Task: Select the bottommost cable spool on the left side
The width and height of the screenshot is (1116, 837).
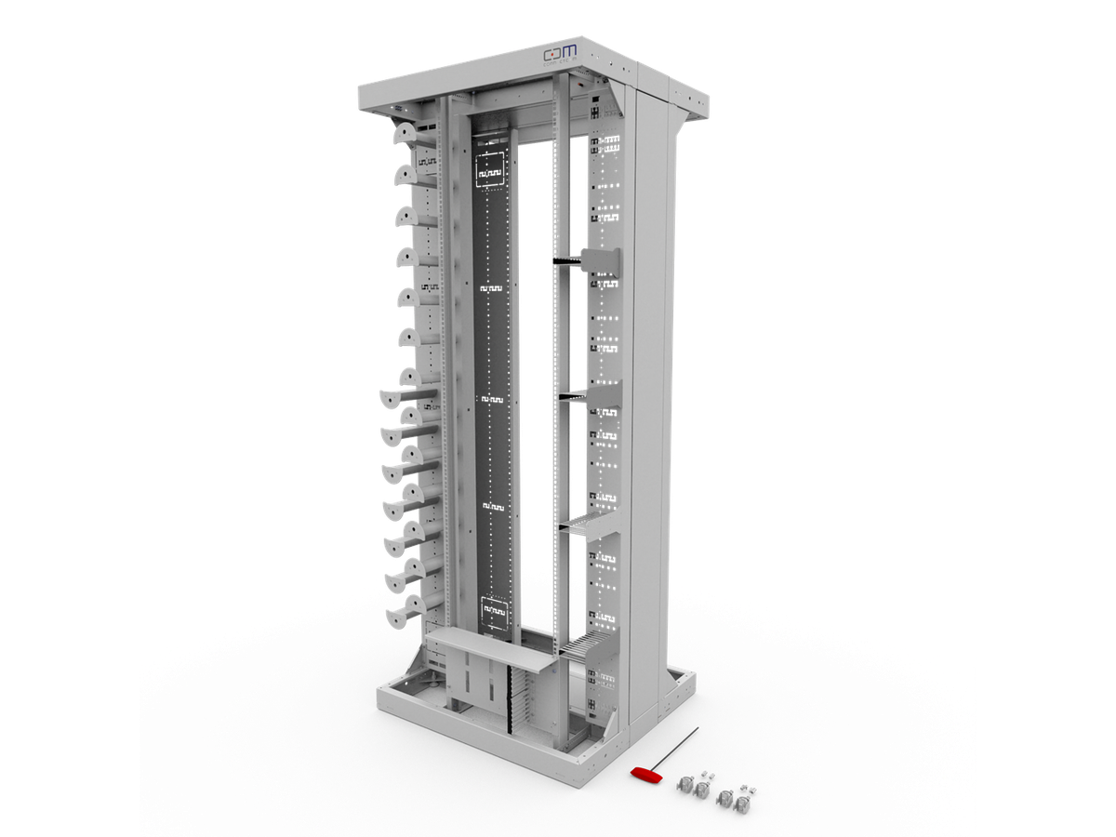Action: pyautogui.click(x=398, y=615)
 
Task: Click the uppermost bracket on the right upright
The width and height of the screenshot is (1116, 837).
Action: pyautogui.click(x=600, y=262)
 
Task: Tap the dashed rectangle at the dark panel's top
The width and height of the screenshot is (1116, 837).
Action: pyautogui.click(x=491, y=170)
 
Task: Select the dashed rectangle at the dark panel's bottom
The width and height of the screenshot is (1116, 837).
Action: pyautogui.click(x=494, y=613)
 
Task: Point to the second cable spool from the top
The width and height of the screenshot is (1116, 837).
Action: pyautogui.click(x=407, y=175)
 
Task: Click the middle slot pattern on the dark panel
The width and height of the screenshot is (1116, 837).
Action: pyautogui.click(x=491, y=398)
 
